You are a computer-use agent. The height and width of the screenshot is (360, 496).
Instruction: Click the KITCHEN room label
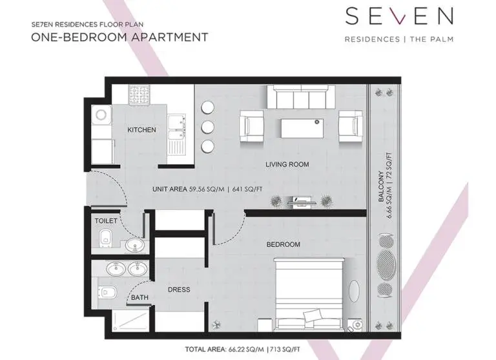(141, 130)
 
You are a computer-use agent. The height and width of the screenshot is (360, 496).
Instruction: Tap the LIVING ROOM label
(287, 164)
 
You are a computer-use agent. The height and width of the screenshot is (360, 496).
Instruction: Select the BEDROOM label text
(283, 244)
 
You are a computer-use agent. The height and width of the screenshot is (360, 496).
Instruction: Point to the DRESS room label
(179, 290)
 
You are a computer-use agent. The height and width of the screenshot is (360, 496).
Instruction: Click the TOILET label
(106, 220)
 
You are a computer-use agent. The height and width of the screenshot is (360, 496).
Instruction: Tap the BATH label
(139, 297)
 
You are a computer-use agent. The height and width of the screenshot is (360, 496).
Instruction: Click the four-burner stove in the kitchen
(139, 94)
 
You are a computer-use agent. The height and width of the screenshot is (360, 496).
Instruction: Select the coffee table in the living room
(302, 128)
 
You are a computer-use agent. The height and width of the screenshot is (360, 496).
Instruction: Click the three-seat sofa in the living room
(301, 96)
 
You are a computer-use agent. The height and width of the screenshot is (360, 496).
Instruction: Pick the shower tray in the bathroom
(130, 321)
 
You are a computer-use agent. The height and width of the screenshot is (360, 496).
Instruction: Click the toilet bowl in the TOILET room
(105, 238)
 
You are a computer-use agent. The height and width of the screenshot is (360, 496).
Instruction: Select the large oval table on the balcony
(386, 265)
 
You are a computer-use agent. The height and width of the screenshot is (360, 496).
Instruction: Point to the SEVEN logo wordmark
(399, 16)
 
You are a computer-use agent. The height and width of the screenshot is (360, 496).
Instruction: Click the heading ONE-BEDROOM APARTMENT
(119, 37)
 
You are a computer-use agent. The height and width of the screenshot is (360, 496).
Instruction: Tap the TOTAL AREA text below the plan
(242, 350)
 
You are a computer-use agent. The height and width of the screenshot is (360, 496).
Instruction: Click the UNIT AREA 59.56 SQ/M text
(188, 189)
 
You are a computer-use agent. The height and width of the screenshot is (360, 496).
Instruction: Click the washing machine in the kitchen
(101, 114)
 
